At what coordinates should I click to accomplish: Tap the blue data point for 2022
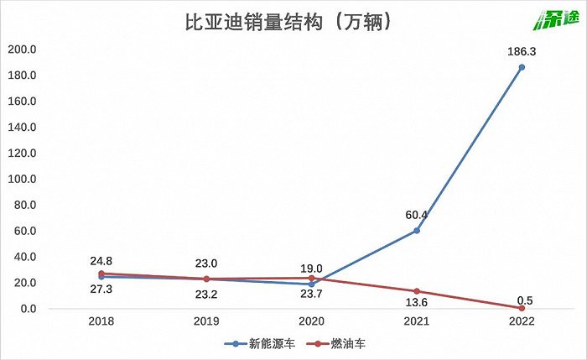click(522, 67)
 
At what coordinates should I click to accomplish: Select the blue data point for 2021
click(417, 230)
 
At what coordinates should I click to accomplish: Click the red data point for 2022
click(522, 308)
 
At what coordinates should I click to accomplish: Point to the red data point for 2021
click(417, 291)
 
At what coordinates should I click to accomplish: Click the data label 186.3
click(522, 51)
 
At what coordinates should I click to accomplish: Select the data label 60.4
click(417, 215)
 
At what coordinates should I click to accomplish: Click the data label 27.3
click(101, 290)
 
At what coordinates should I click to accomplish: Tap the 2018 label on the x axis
click(101, 321)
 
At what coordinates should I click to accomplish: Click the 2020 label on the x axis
click(311, 321)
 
